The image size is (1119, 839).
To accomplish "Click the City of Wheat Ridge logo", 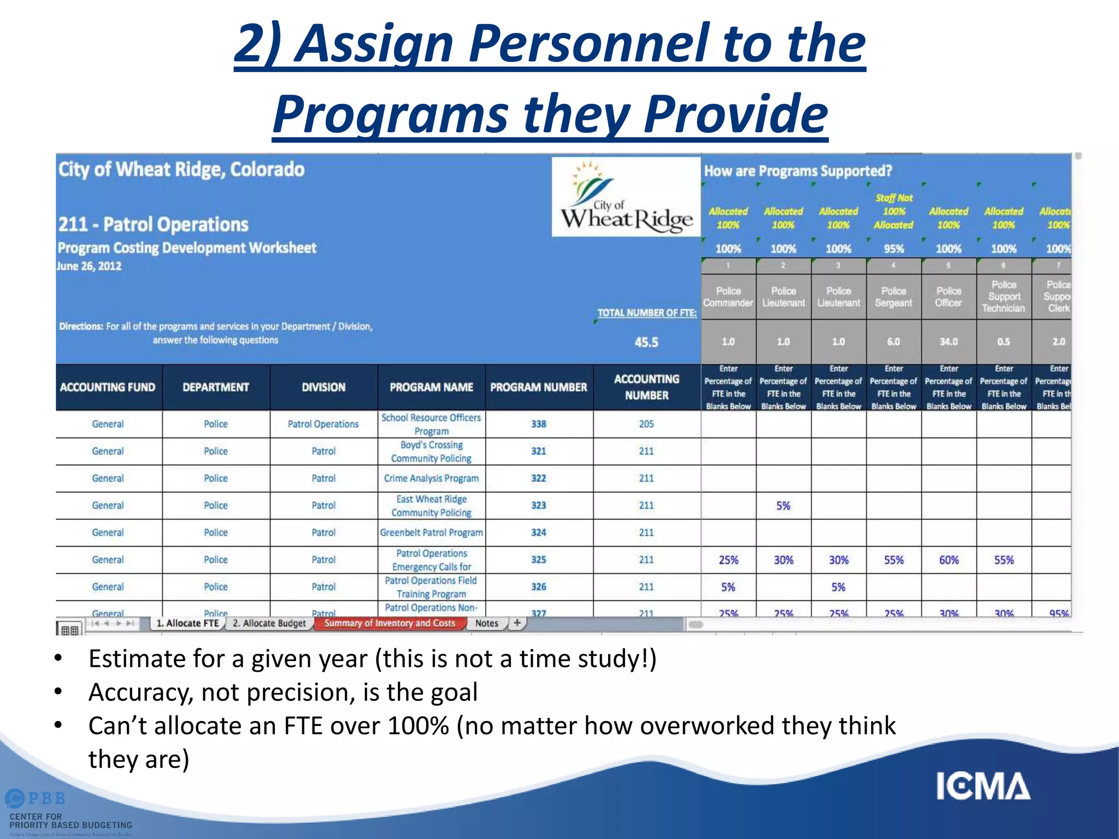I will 626,197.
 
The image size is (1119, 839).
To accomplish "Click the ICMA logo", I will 983,786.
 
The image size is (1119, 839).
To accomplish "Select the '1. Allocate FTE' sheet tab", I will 187,623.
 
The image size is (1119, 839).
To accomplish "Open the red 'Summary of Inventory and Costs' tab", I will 389,623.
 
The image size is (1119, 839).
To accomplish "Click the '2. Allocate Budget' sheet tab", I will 269,623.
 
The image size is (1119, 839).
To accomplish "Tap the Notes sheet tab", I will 486,623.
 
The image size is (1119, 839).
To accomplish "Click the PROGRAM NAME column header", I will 431,387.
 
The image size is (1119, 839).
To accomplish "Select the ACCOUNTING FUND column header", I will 108,387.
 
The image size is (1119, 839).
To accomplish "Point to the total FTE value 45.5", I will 646,342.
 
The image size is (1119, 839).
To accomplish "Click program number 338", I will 539,424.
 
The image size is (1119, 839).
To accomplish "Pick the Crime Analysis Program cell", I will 431,478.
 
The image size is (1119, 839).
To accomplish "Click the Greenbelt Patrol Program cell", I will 431,533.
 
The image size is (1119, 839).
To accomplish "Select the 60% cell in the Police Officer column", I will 949,560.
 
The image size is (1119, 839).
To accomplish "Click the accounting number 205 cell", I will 646,424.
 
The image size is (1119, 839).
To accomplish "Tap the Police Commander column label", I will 728,297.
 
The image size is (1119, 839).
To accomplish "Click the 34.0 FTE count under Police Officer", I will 949,342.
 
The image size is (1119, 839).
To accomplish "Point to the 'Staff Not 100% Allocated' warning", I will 893,211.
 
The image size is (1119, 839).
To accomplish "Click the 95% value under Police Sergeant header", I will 893,249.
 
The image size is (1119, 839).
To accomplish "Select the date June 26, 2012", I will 90,267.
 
